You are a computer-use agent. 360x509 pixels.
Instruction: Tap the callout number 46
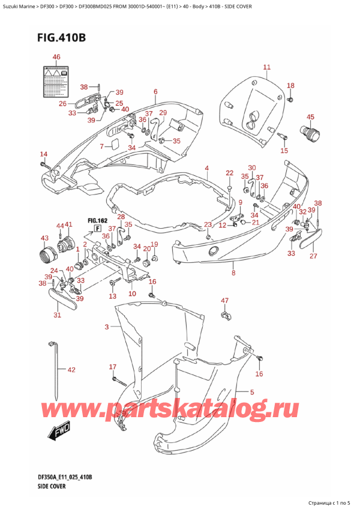[x=56, y=57]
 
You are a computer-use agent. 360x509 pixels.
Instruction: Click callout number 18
[x=290, y=85]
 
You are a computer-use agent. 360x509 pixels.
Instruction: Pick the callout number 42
[x=71, y=370]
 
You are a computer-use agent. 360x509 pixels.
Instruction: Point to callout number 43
[x=44, y=238]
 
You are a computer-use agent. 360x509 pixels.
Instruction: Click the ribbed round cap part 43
[x=47, y=256]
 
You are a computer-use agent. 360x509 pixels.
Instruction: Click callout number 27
[x=311, y=256]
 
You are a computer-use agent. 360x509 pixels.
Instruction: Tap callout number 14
[x=43, y=154]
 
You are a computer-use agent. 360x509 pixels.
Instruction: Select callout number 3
[x=107, y=327]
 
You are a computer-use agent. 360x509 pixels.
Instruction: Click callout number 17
[x=112, y=367]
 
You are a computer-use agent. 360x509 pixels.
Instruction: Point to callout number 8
[x=233, y=273]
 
